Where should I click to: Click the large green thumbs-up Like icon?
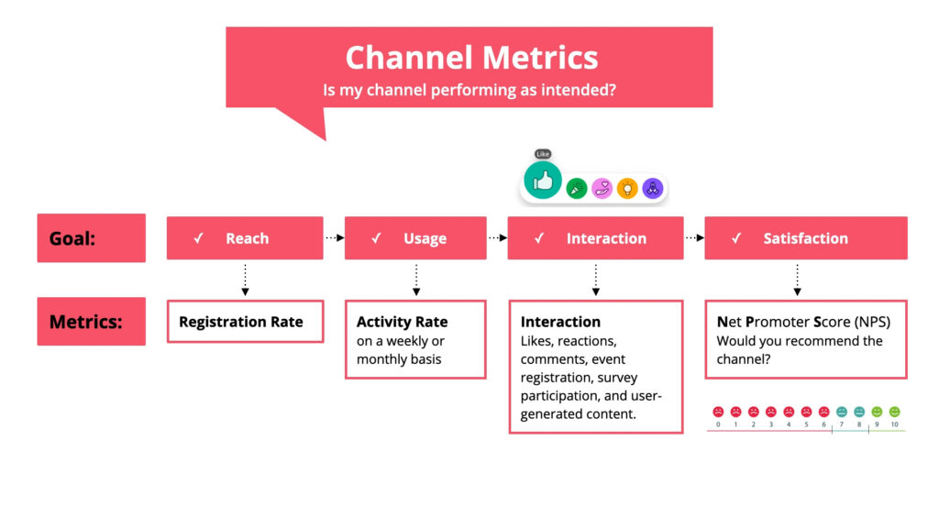pos(543,180)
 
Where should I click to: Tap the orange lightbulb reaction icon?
pos(627,188)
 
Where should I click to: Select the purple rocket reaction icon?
pos(652,188)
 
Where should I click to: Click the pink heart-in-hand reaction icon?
pos(602,188)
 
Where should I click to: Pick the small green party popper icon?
pos(577,188)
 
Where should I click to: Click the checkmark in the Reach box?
pos(198,238)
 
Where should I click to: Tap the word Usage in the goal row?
pos(425,238)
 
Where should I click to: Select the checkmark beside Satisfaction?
pos(736,238)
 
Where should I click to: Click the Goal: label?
pos(72,238)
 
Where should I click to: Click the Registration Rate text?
pos(240,322)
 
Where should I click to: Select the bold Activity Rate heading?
pos(402,322)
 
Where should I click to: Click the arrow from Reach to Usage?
pos(334,237)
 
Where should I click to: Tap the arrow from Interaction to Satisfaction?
pos(694,237)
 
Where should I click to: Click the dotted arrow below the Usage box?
pos(416,280)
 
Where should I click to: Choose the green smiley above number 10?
pos(894,412)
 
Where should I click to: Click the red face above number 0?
pos(718,412)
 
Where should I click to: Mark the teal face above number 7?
pos(842,412)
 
